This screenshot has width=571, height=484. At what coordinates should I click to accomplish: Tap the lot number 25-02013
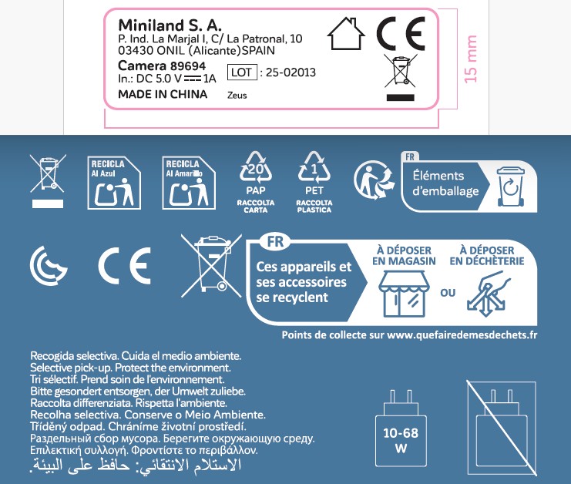click(290, 72)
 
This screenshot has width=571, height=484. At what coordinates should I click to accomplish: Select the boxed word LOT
click(242, 72)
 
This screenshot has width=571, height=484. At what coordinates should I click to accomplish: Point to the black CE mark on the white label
click(400, 34)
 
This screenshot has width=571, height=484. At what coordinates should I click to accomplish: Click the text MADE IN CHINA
click(163, 95)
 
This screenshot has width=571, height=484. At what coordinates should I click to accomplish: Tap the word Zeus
click(237, 96)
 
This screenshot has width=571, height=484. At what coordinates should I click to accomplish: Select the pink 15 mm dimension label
click(471, 59)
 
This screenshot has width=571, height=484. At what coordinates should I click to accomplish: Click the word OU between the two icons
click(448, 293)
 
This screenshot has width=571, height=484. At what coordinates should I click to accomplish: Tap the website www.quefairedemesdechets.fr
click(462, 335)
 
